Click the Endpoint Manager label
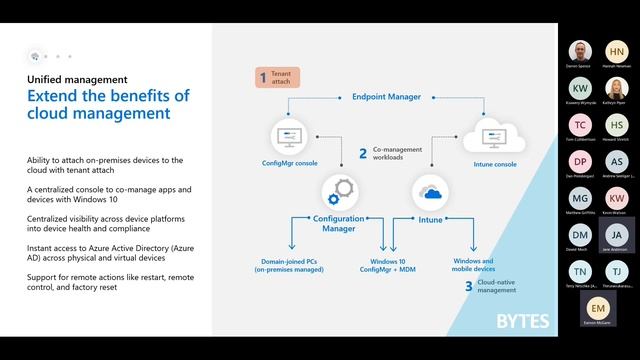[386, 97]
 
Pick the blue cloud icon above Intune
[432, 192]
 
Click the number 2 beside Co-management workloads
[363, 153]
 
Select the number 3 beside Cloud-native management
[468, 286]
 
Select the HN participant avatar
[617, 51]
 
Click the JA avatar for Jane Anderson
[617, 235]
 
